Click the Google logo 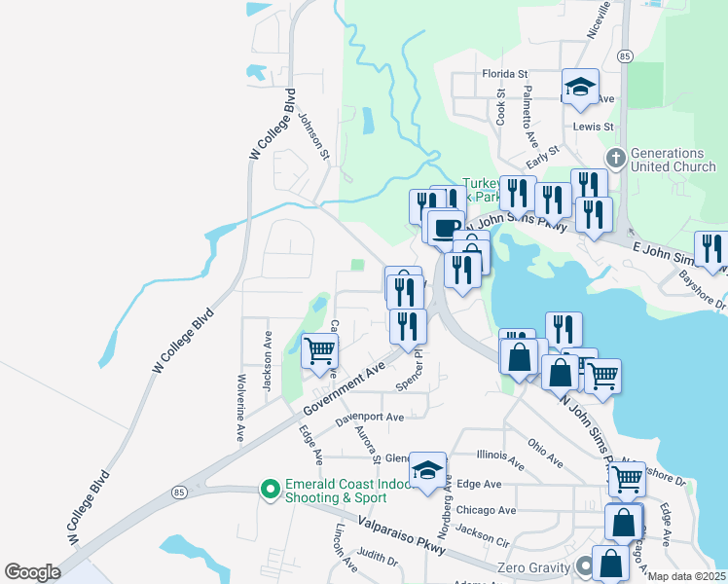point(32,572)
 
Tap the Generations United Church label point(667,160)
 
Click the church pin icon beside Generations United point(615,157)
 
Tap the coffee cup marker point(445,227)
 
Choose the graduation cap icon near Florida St point(579,87)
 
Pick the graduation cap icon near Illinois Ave point(427,471)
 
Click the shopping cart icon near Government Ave point(320,351)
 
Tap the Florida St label point(504,74)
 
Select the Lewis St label point(593,127)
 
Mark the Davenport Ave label point(369,419)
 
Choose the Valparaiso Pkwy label point(401,535)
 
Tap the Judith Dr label point(378,561)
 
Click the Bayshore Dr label point(706,298)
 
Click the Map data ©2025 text point(685,576)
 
